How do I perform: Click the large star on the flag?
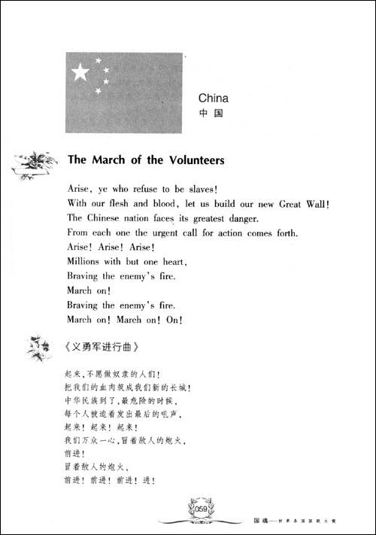pos(80,72)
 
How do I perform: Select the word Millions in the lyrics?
pos(87,261)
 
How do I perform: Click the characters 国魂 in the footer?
pos(260,519)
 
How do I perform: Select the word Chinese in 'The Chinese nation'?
pos(110,217)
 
